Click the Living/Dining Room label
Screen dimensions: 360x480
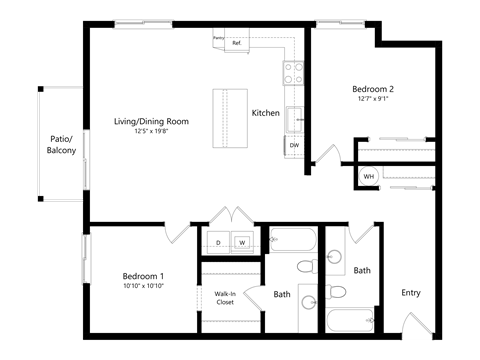tap(151, 121)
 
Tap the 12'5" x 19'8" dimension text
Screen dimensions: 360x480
tap(151, 131)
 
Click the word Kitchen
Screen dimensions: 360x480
tap(265, 113)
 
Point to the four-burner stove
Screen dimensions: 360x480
tap(293, 72)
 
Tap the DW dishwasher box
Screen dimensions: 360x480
tap(294, 146)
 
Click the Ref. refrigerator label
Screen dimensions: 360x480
tap(237, 44)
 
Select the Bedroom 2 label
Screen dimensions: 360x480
tap(371, 88)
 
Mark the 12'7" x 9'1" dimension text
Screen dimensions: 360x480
tap(371, 98)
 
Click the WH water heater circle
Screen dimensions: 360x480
tap(368, 177)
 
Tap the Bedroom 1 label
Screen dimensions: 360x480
tap(143, 276)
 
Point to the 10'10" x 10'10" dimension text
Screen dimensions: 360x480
tap(143, 286)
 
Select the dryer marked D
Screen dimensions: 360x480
tap(218, 242)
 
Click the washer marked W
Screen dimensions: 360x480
tap(241, 242)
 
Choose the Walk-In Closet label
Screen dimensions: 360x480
tap(225, 297)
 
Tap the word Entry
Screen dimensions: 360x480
tap(410, 293)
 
